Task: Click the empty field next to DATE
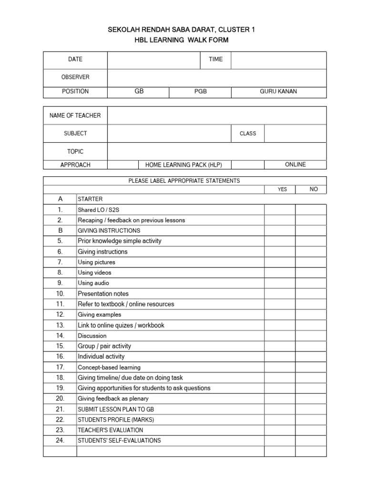tap(153, 60)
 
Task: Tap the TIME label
tap(215, 60)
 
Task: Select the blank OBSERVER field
tap(217, 77)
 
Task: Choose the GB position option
tap(139, 91)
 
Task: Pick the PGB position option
tap(201, 91)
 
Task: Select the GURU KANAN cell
tap(278, 91)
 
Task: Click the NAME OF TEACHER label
tap(75, 116)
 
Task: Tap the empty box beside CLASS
tap(295, 134)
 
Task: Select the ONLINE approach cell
tap(295, 164)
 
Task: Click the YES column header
tap(282, 190)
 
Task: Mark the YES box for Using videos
tap(280, 273)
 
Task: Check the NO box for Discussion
tap(311, 336)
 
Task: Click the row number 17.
tap(60, 367)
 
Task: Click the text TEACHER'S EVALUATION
tap(110, 430)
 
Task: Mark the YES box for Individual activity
tap(280, 357)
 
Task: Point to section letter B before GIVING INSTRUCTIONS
tap(60, 231)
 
